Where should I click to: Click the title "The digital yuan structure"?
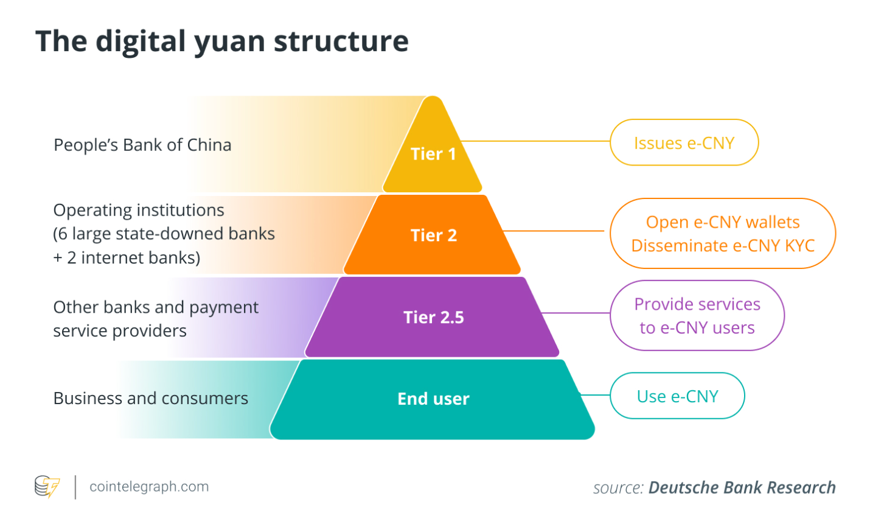(222, 41)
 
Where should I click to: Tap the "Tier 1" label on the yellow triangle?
(433, 154)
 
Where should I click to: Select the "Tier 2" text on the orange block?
(433, 236)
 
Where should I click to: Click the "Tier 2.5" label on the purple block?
(433, 317)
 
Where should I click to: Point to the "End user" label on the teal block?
(433, 399)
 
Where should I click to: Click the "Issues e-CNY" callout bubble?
(684, 143)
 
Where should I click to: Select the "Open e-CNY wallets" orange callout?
(722, 223)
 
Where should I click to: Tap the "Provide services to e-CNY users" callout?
(697, 315)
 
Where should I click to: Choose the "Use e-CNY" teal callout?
(677, 396)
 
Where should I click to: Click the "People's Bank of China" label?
(142, 145)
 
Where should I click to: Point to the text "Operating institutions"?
(139, 210)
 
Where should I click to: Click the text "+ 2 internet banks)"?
(127, 257)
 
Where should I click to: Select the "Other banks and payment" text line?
(156, 307)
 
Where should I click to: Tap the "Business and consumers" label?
(150, 398)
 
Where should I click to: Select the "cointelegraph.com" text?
(149, 487)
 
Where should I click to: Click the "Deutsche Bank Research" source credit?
(742, 488)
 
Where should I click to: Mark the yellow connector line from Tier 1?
(535, 141)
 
